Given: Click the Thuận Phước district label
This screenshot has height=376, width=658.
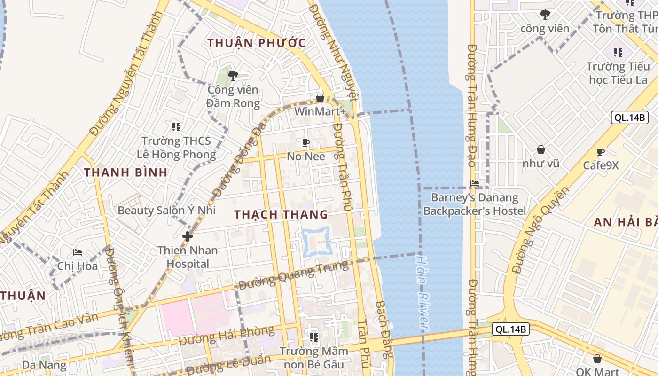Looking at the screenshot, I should [x=257, y=43].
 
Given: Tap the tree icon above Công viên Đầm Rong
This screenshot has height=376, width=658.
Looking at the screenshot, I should [x=233, y=75].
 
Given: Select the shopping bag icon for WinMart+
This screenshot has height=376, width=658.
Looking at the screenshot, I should [x=320, y=98].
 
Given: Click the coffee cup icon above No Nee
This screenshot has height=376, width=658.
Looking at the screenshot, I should [x=306, y=142].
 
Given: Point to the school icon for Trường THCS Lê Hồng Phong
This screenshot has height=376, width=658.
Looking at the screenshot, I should [x=176, y=126].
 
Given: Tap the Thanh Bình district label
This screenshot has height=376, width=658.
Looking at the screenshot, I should [x=126, y=172].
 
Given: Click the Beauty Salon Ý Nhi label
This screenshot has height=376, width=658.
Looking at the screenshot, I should [x=166, y=210].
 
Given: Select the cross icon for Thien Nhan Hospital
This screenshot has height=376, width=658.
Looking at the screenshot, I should [x=188, y=236].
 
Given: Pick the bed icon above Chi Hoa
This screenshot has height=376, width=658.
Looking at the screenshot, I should [x=78, y=252].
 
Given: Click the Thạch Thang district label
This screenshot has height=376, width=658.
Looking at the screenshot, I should [x=281, y=214].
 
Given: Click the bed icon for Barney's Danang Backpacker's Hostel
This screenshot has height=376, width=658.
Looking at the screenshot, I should [x=475, y=184].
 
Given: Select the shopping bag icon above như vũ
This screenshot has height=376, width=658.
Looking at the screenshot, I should [x=541, y=149].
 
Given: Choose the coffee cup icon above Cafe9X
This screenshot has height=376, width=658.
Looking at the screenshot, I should [x=600, y=152].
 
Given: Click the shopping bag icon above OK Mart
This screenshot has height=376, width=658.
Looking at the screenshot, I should [x=597, y=359].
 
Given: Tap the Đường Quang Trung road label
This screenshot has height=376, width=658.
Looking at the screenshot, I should [x=294, y=275].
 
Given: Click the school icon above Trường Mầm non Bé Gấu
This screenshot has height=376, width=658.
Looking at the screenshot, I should [x=314, y=337].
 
